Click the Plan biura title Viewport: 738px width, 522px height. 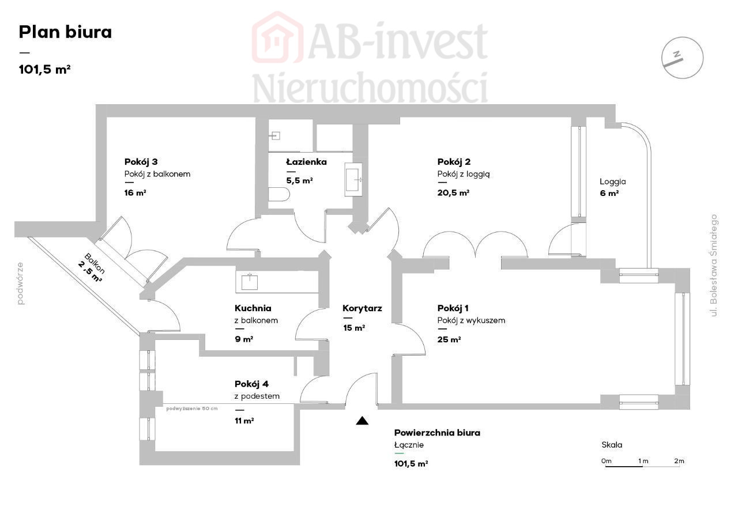65,32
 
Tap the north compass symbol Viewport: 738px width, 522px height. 682,58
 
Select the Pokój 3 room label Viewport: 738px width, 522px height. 141,161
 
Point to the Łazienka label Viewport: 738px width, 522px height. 306,161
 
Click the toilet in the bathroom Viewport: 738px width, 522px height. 278,195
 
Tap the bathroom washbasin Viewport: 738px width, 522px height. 353,179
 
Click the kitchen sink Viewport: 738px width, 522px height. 250,282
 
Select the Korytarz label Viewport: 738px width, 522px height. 362,308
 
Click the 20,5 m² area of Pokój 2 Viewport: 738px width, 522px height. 453,192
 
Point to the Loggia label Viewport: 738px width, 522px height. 612,181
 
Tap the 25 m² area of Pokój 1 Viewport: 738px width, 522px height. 449,339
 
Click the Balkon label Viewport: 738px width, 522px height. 95,263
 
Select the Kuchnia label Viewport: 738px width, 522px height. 253,308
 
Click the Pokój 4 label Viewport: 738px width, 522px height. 251,384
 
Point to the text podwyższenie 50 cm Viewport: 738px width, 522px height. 192,408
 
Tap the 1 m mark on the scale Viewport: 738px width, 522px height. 643,461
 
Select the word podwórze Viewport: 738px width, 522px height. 20,283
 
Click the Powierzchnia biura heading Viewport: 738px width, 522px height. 437,433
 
